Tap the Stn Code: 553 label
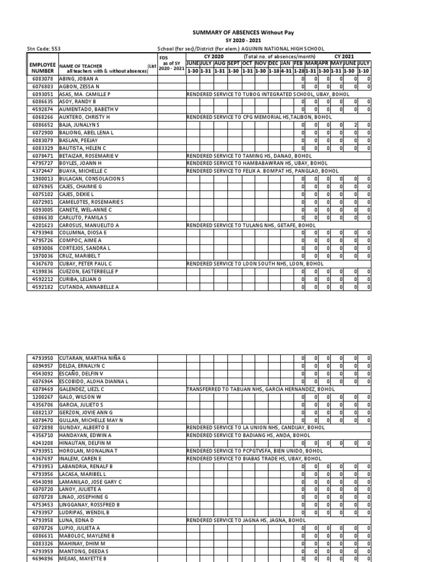point(43,49)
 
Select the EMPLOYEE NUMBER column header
point(42,68)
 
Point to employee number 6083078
point(42,79)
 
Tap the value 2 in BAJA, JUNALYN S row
point(356,125)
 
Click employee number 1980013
point(42,179)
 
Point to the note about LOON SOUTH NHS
point(255,263)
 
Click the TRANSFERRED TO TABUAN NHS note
point(260,389)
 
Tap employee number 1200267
point(42,397)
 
